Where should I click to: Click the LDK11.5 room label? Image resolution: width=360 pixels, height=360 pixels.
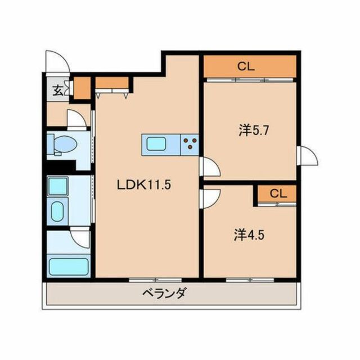click(143, 184)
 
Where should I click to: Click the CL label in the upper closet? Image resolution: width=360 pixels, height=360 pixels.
click(246, 66)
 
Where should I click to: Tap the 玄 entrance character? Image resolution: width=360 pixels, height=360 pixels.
click(57, 89)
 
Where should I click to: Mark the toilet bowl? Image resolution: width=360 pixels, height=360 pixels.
click(63, 145)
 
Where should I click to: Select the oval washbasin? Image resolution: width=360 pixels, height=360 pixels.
click(58, 212)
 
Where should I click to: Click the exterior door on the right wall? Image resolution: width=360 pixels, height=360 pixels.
click(308, 155)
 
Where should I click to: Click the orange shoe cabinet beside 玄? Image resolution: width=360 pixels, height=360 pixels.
click(82, 89)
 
